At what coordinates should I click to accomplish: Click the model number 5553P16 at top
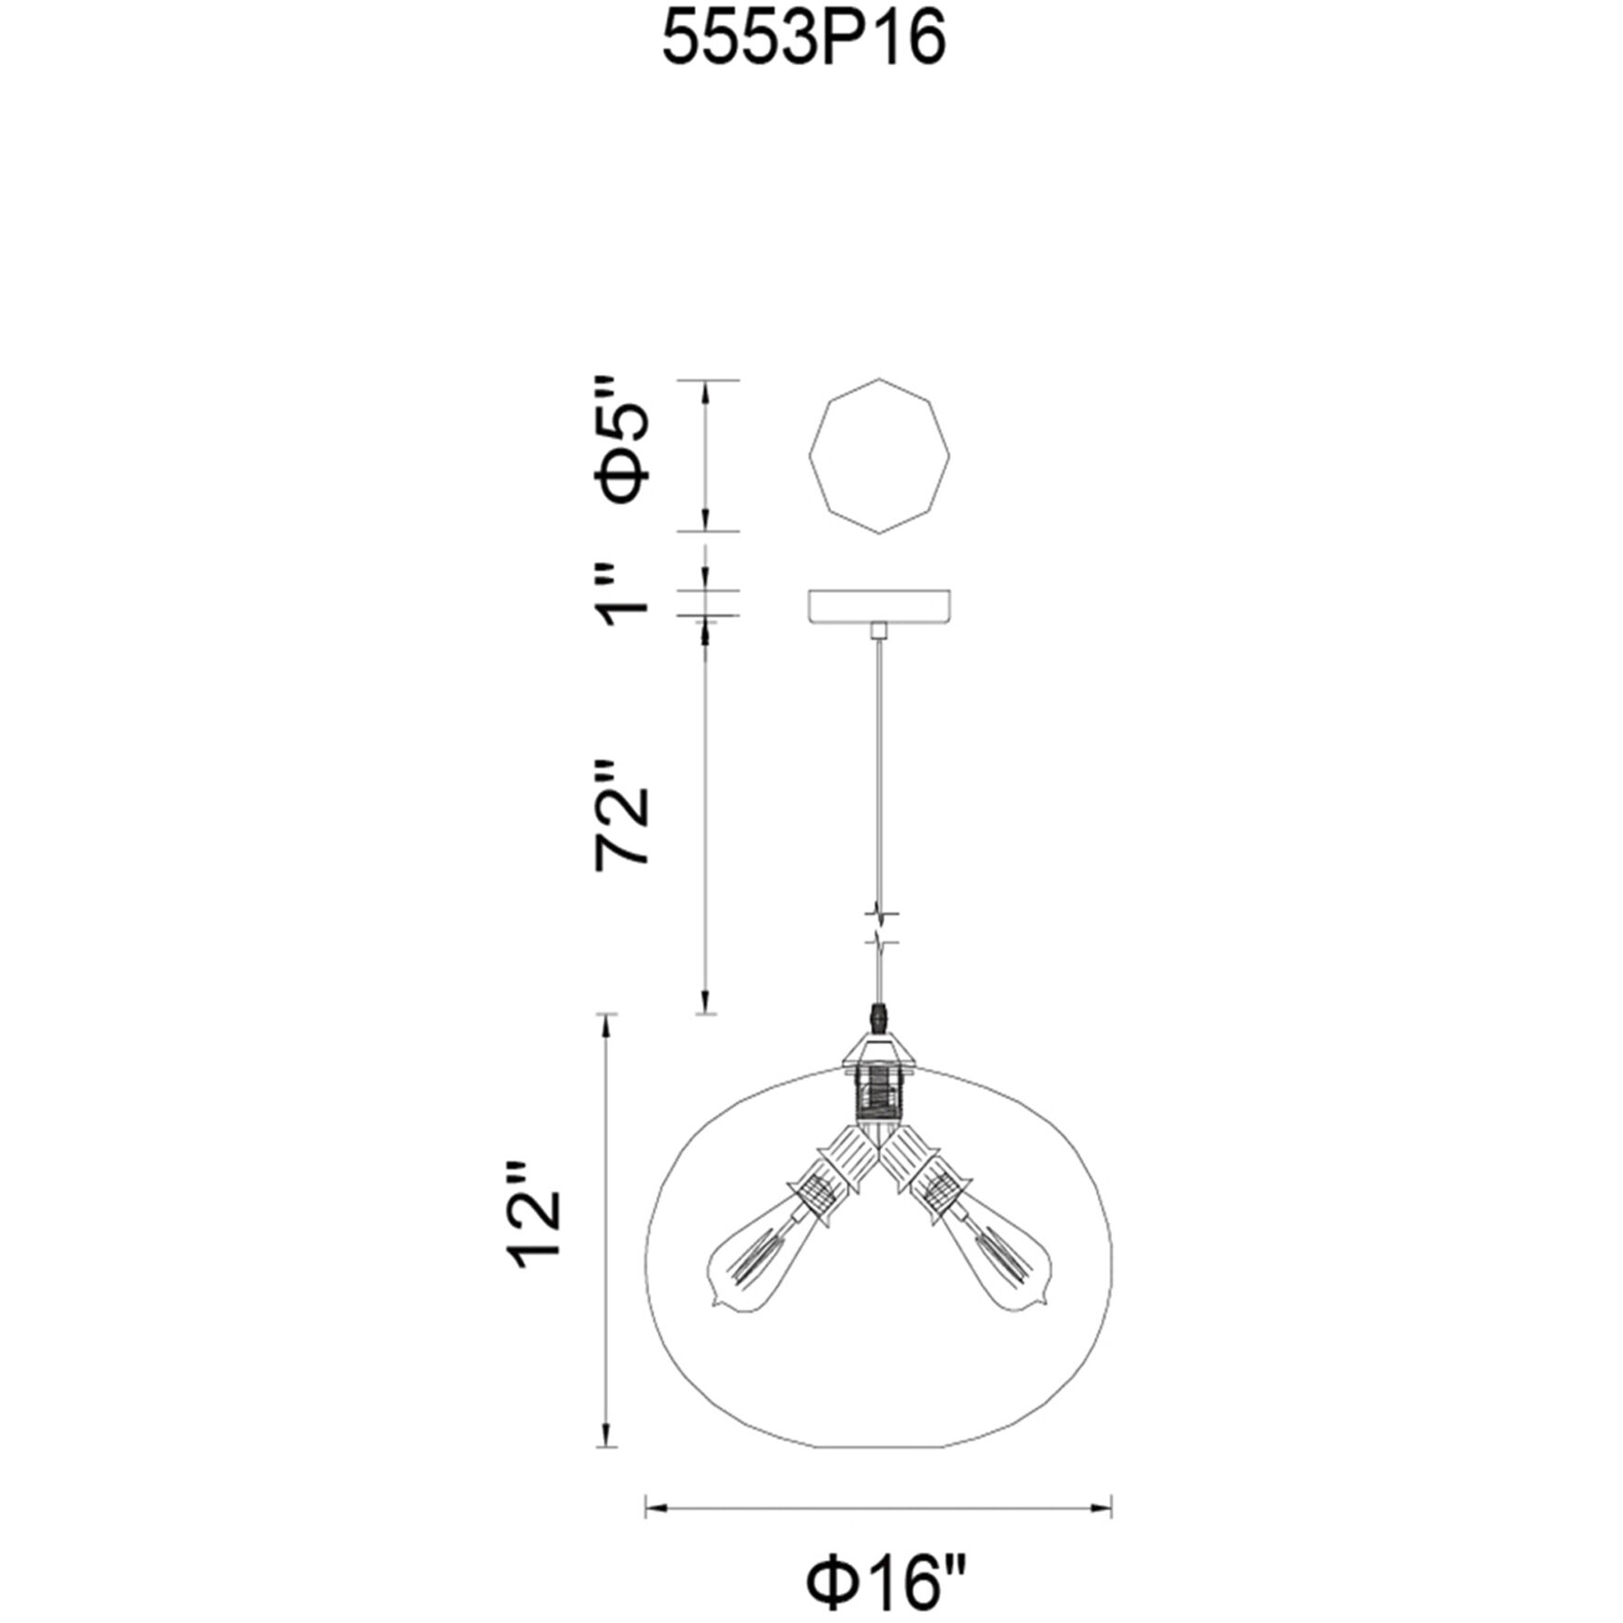coord(805,41)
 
